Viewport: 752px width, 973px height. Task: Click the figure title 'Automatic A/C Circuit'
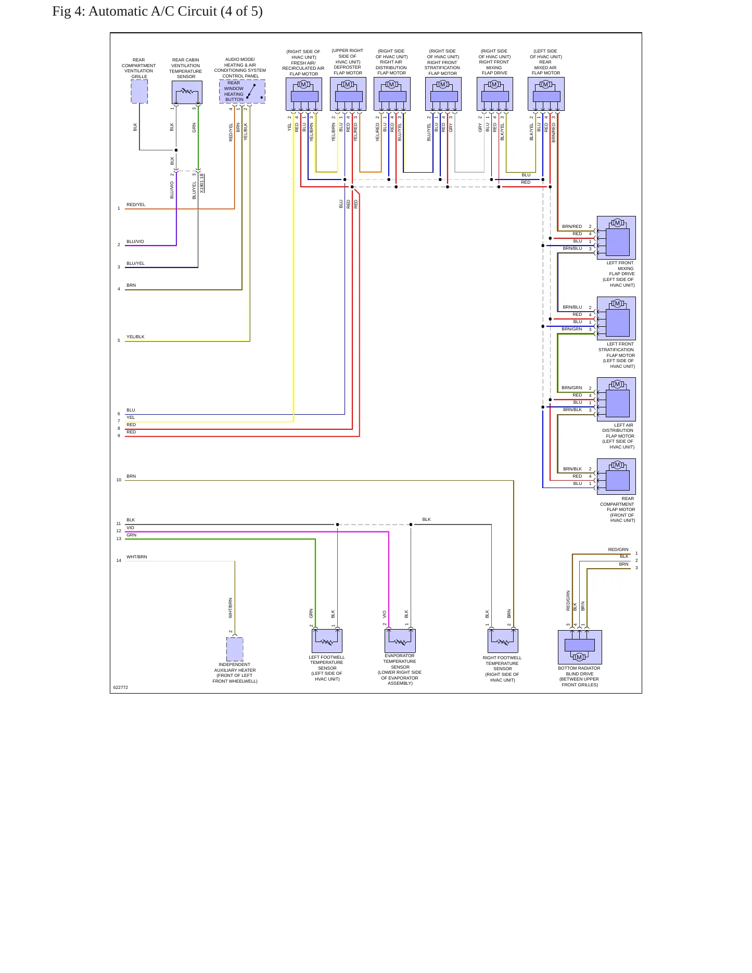tap(152, 11)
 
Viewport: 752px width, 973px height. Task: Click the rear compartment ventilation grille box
tap(139, 92)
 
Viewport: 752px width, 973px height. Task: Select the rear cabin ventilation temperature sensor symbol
tap(187, 92)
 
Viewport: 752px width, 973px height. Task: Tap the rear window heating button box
tap(242, 91)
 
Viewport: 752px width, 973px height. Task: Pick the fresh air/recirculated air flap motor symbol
tap(304, 94)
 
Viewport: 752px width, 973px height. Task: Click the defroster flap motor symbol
tap(348, 94)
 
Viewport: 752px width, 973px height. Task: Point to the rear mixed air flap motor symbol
tap(546, 94)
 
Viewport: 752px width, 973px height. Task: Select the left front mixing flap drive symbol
tap(616, 238)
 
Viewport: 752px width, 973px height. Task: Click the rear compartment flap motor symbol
tap(616, 476)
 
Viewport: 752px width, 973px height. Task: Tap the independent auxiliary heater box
tap(235, 649)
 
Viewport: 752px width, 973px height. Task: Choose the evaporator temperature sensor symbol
tap(400, 641)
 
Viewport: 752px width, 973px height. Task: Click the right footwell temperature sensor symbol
tap(503, 641)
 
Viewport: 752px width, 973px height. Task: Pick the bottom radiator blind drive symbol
tap(580, 647)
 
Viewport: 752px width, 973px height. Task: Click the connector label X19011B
tap(202, 183)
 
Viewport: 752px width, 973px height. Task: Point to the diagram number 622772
tap(121, 687)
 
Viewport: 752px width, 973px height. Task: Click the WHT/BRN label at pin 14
tap(137, 557)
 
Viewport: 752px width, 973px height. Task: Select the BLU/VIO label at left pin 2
tap(135, 241)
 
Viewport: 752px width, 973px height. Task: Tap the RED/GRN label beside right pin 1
tap(618, 549)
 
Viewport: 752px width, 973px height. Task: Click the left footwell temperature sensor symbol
tap(327, 641)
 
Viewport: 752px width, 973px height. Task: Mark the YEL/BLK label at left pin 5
tap(135, 337)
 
